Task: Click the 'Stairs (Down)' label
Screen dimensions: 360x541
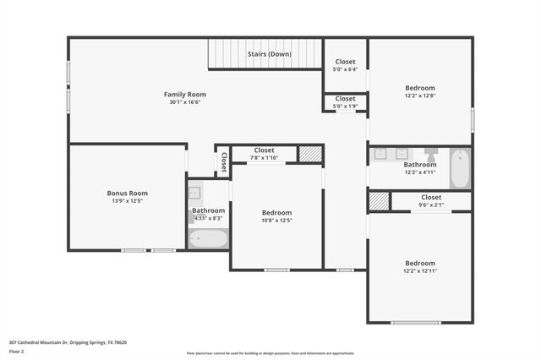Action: coord(270,54)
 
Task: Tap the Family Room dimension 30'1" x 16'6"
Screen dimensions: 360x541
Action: coord(184,102)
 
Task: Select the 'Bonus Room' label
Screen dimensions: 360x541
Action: coord(127,193)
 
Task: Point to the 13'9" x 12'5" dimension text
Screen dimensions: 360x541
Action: coord(127,201)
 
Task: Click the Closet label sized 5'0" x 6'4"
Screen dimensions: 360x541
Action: coord(345,62)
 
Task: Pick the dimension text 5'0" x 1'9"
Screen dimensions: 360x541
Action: coord(345,106)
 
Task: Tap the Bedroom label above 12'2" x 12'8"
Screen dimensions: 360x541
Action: coord(419,88)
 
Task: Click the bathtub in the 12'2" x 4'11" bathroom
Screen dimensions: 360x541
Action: coord(460,168)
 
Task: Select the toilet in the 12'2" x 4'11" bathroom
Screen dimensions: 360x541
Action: coord(431,155)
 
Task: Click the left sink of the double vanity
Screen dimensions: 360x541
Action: coord(381,154)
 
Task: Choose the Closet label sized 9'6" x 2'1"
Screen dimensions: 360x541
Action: coord(430,197)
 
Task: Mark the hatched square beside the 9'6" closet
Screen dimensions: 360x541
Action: coord(379,201)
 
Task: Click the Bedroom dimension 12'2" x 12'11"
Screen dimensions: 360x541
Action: coord(419,271)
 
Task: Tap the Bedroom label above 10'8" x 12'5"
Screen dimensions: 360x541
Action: coord(276,212)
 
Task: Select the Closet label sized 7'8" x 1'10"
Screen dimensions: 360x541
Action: coord(264,150)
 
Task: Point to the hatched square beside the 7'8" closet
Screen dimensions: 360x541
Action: coord(310,154)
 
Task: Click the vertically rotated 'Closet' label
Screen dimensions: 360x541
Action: coord(223,161)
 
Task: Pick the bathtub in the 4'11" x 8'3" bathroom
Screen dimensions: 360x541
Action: coord(208,239)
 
